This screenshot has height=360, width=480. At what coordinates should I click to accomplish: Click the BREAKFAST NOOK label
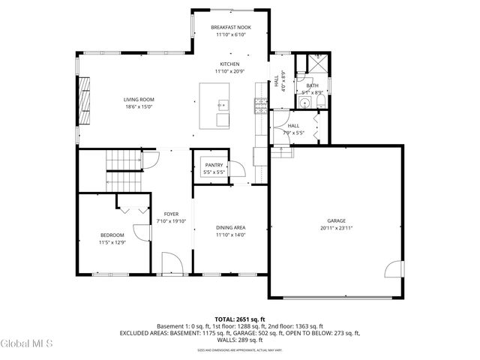click(x=230, y=27)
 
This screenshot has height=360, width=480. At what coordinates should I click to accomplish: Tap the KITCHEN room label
click(x=229, y=64)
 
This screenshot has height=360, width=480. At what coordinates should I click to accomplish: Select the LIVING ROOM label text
click(x=139, y=100)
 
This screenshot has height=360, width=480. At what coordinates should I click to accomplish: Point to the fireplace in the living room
click(x=85, y=100)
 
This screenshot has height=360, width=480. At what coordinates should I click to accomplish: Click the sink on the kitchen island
click(x=221, y=104)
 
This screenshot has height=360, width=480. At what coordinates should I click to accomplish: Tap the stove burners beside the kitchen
click(x=260, y=105)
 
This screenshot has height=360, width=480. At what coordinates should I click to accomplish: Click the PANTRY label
click(x=214, y=165)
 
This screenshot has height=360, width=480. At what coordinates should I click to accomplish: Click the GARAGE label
click(x=336, y=220)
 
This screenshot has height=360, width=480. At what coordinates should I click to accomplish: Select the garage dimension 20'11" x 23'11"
click(x=336, y=227)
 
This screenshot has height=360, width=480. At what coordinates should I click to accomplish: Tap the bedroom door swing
click(x=140, y=232)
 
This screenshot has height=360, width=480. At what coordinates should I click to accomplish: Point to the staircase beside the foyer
click(x=124, y=160)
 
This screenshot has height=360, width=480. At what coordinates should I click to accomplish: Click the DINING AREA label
click(x=230, y=227)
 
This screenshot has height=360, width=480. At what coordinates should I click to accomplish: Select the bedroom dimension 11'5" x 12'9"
click(x=112, y=242)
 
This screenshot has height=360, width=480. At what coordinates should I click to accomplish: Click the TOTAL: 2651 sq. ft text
click(x=240, y=319)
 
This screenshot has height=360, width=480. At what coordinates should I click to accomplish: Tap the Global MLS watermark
click(x=27, y=343)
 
